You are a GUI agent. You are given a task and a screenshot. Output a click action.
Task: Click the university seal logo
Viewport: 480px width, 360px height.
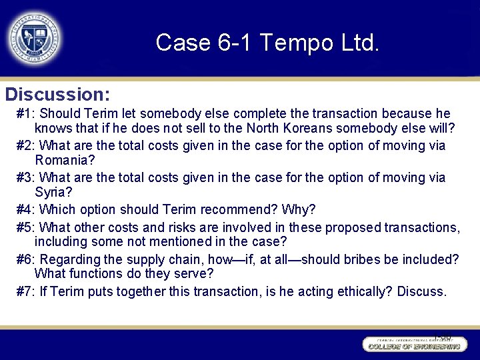[35, 39]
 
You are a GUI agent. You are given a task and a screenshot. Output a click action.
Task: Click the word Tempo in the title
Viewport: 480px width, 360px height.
[293, 43]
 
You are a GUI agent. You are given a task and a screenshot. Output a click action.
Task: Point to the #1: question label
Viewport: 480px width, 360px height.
[27, 114]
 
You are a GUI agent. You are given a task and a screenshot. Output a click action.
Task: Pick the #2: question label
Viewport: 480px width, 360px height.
[27, 146]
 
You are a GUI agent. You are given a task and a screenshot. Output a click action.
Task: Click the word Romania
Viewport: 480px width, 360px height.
[63, 161]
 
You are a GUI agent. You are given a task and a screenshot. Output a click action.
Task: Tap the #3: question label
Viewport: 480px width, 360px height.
[27, 178]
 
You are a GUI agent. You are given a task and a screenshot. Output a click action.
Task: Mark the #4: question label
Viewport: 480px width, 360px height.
[27, 210]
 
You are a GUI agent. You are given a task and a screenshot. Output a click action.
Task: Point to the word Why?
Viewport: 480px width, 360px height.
[300, 210]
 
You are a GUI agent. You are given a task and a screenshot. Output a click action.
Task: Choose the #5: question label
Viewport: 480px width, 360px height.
[27, 227]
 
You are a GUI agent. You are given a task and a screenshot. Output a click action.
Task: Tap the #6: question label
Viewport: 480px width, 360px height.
[27, 259]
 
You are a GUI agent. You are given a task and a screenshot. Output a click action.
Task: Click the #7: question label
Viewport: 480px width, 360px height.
[27, 291]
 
